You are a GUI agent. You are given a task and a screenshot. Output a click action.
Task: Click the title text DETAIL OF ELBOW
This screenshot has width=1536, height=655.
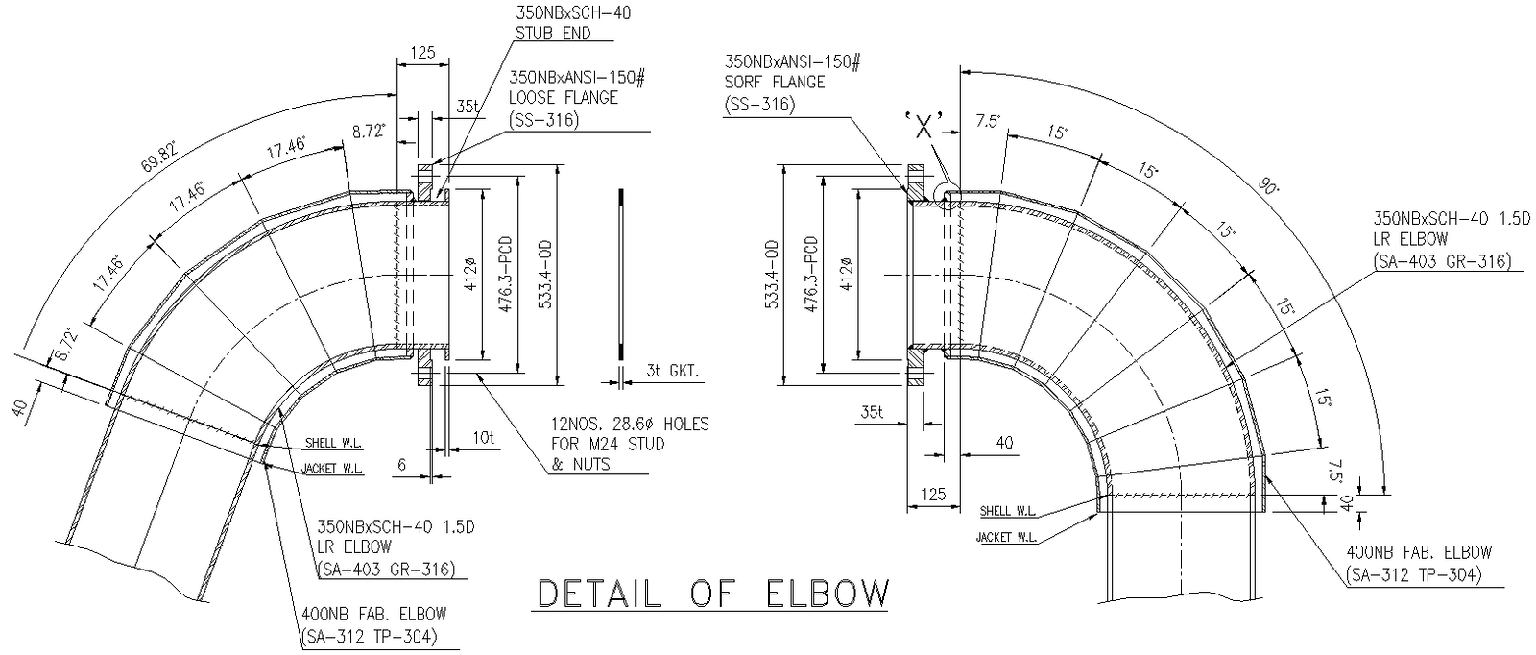711,594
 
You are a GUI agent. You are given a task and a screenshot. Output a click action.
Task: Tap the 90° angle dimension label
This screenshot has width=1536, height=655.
1270,188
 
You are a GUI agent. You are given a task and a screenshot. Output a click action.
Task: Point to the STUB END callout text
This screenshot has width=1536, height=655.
555,34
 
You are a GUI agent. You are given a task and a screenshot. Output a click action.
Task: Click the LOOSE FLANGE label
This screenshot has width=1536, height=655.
564,98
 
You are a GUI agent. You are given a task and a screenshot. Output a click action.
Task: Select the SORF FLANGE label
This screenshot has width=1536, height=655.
775,83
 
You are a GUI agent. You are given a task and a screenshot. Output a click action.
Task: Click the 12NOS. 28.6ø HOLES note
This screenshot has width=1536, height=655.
630,424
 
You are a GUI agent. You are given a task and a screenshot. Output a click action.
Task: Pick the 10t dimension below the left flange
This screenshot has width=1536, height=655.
482,437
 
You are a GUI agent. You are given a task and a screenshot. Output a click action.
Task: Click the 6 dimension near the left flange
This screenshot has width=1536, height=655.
402,465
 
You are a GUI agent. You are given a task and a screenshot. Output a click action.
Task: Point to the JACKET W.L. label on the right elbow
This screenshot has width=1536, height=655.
1007,537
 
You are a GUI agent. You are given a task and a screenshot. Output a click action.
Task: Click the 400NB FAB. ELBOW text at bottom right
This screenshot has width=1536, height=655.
1419,553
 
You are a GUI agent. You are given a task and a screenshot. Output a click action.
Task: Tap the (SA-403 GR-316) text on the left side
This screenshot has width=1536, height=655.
384,569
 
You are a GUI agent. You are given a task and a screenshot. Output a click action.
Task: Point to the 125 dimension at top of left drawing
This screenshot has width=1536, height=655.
422,54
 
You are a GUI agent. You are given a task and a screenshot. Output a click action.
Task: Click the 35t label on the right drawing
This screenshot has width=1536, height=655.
871,412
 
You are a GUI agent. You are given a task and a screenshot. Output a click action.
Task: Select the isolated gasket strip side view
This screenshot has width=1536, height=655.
621,273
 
